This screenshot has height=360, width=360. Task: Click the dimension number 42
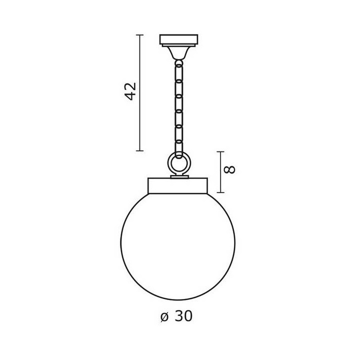click(131, 91)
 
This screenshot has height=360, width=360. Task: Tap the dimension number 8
click(229, 169)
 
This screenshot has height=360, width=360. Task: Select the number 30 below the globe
click(183, 316)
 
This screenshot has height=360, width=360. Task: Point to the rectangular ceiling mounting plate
click(178, 40)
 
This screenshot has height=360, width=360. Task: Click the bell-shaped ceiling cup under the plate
click(178, 53)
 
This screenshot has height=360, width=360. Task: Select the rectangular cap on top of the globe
click(177, 185)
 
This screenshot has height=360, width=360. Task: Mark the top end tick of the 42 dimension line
click(139, 35)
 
